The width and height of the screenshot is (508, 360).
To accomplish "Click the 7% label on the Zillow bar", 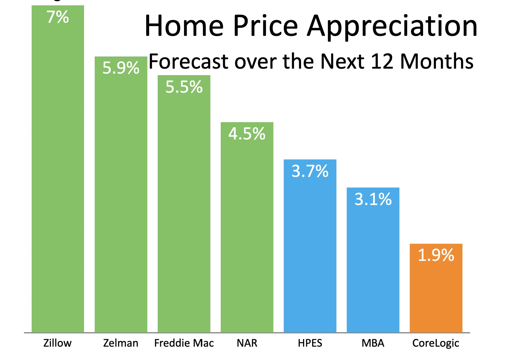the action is pos(58,17).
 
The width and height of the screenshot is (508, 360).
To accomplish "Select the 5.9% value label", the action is pos(121,68).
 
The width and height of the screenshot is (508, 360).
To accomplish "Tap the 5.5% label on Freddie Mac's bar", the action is pos(184,87).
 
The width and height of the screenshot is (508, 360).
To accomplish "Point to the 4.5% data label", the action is pos(247,134).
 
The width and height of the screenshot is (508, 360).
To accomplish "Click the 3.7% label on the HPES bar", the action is pos(310,171).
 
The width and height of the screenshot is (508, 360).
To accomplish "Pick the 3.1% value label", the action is pos(373,199).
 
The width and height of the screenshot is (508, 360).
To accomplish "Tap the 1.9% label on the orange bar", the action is pos(436,255).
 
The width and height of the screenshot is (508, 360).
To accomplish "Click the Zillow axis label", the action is pos(57,343).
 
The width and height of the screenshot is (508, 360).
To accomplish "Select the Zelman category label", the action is pos(121,343).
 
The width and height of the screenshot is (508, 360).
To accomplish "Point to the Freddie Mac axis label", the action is pos(184,343).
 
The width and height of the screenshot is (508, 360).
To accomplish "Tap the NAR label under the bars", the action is pos(247,343).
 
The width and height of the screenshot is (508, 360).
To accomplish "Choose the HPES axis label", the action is pos(310,343).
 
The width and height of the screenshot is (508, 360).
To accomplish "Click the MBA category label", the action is pos(373,343).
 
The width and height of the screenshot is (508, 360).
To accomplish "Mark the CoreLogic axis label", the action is pos(436,343).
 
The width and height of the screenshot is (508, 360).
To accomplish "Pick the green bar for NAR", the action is pos(247,227).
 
